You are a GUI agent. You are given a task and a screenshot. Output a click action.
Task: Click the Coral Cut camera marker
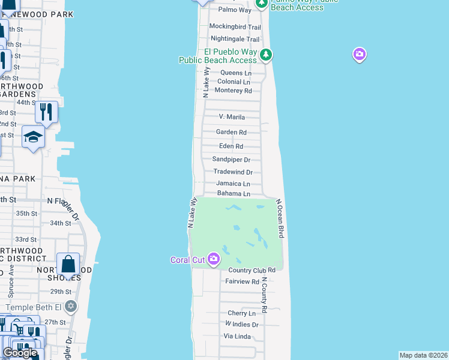pos(214,259)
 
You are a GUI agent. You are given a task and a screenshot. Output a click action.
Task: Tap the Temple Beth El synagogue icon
pos(71,306)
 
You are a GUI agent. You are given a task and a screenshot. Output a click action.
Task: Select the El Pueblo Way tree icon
pos(266,56)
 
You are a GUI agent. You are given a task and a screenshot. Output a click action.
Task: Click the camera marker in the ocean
pos(359,55)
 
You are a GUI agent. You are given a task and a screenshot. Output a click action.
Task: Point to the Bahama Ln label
pos(234,194)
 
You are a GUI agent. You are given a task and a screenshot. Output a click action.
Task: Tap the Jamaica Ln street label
pos(234,184)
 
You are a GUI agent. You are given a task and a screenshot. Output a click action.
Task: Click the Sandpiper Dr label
pos(231,160)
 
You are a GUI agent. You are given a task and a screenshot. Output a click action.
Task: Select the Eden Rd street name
pos(231,146)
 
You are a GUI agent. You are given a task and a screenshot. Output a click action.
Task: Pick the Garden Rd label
pos(232,133)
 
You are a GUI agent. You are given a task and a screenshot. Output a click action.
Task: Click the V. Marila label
pos(232,117)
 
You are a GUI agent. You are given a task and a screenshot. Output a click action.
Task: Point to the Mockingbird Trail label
pos(235,27)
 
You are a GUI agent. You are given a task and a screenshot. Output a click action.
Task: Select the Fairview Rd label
pos(242,281)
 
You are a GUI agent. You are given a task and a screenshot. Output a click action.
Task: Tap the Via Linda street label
pos(237,337)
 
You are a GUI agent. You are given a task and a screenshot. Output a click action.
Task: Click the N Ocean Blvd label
pos(279,219)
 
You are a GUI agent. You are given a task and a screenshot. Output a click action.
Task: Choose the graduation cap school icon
pos(33,137)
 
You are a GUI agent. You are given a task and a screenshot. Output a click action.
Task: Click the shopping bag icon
pos(68,263)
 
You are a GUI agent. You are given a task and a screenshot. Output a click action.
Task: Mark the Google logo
pos(20,353)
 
